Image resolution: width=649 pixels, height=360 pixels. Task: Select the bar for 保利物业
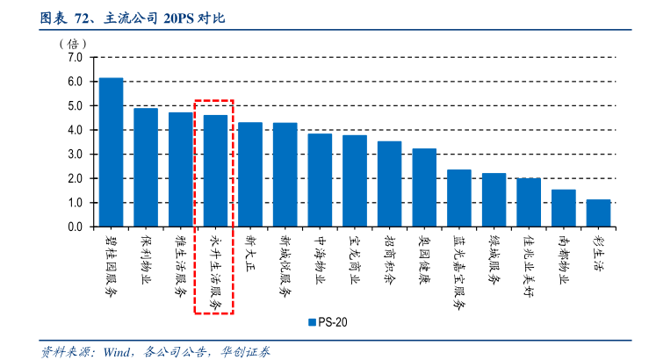pos(146,167)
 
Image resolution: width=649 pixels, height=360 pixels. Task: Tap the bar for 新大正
pos(250,174)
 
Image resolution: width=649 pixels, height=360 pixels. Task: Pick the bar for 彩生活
pos(598,212)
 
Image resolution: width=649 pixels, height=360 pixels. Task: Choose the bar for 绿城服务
pos(494,199)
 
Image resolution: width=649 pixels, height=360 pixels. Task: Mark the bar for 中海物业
pos(320,180)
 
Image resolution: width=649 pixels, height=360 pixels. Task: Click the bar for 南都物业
pos(563,208)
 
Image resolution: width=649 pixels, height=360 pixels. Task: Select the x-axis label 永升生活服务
pos(215,272)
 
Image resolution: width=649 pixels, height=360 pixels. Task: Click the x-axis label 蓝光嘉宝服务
pos(459,272)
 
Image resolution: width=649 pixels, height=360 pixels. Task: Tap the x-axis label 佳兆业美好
pos(529,267)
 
